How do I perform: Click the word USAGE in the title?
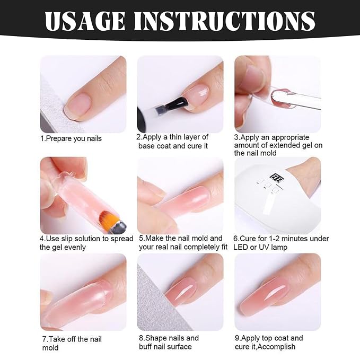coord(85,21)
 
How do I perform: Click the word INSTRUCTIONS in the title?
coord(225,21)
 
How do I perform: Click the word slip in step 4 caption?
coord(67,239)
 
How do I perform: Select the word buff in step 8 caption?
coord(146,346)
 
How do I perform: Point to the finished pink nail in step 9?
coord(264,294)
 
